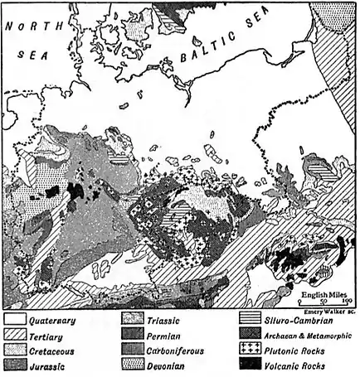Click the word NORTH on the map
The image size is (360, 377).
32,27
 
